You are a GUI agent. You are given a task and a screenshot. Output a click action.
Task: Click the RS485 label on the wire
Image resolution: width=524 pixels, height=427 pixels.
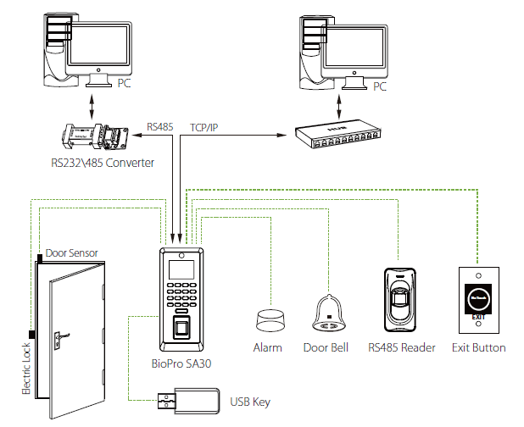[x=159, y=128]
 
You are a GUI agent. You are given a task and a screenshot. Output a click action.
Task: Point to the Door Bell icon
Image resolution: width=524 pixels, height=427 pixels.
[x=326, y=313]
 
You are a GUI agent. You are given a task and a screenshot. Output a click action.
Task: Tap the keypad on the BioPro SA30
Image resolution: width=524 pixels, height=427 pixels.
[x=181, y=298]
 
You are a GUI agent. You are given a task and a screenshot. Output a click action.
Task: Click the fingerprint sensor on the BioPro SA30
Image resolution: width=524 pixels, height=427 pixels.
[x=181, y=329]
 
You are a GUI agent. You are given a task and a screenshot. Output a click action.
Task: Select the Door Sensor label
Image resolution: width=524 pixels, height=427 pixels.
[x=72, y=252]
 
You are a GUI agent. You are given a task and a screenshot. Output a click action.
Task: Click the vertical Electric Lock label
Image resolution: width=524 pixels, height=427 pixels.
[x=25, y=367]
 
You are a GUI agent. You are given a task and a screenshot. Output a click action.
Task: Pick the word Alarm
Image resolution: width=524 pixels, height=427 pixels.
[x=267, y=348]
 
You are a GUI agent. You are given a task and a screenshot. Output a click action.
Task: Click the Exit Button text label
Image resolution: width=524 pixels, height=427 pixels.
[x=479, y=348]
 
